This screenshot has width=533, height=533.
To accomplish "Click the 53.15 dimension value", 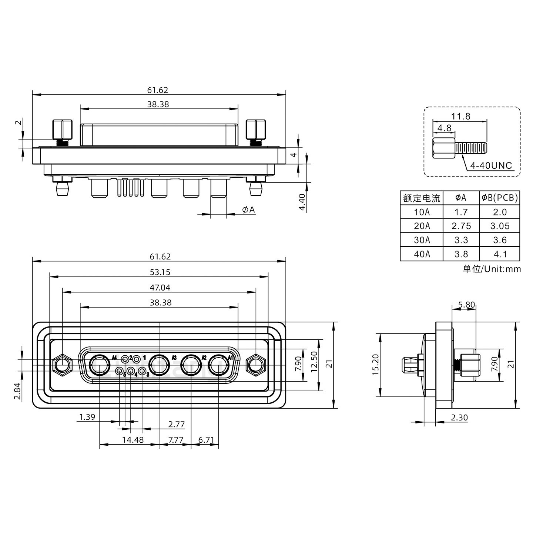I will point(160,272).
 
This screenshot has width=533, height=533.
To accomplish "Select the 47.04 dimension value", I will point(160,287).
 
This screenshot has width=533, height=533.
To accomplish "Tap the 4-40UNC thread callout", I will point(491,165).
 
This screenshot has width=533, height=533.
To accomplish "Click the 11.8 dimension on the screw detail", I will point(460,116).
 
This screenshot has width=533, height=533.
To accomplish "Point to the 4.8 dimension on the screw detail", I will point(444,128).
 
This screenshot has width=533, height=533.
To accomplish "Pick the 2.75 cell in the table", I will point(461,226).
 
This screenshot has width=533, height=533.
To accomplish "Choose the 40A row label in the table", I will point(422,254).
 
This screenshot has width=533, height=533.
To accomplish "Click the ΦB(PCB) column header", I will point(500,198).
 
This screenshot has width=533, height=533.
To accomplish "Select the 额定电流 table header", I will point(422,198).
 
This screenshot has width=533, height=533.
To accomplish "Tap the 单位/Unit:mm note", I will point(492,269).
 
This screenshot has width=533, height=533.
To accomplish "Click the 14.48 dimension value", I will point(133,440).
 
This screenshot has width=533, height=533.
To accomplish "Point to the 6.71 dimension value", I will point(206,440).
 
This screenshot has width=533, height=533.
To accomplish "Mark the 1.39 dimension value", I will point(87,417).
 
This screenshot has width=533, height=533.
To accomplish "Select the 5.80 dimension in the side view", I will point(466,305).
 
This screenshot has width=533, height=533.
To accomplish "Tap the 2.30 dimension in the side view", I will point(459,418).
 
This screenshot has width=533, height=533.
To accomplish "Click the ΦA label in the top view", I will point(249,210).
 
